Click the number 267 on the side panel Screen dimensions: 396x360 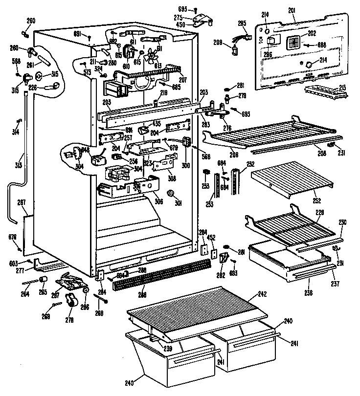tap(22, 202)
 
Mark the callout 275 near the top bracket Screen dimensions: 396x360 tap(179, 18)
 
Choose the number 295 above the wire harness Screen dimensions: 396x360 tap(241, 23)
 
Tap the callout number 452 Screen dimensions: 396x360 tap(212, 238)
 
